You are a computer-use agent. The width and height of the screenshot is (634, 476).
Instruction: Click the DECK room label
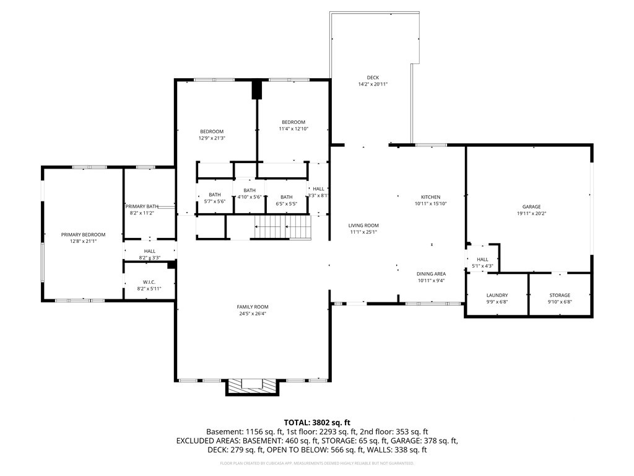click(373, 77)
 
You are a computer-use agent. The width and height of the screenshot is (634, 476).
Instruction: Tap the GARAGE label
click(531, 207)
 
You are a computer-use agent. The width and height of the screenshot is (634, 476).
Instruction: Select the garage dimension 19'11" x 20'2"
click(531, 213)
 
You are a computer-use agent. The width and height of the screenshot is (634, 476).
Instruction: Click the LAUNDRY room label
click(497, 296)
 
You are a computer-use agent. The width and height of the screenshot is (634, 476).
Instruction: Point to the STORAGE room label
click(560, 296)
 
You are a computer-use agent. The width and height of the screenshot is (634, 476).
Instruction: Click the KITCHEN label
click(431, 197)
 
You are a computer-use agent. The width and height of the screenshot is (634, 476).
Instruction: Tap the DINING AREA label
click(431, 274)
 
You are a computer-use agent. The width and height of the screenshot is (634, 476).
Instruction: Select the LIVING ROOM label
click(363, 226)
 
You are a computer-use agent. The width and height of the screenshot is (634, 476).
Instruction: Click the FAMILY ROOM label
click(253, 307)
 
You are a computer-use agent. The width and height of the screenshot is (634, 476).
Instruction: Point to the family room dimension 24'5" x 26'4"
click(253, 314)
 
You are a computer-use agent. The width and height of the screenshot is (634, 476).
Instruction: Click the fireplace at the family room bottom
click(252, 387)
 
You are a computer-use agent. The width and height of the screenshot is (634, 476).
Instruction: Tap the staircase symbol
click(282, 227)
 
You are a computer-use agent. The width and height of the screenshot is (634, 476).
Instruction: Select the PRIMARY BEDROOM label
click(84, 235)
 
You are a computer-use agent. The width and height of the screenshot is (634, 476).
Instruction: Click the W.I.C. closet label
click(149, 282)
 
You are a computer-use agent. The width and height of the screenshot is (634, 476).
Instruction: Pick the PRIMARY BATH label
click(142, 206)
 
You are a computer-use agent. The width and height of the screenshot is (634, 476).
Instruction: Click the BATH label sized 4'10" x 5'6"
click(250, 190)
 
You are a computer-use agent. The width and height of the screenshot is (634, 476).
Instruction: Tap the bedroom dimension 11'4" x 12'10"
click(293, 129)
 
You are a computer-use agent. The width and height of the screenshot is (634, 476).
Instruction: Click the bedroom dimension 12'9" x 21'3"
click(212, 138)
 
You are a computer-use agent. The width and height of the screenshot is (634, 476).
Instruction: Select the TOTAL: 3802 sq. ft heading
click(317, 423)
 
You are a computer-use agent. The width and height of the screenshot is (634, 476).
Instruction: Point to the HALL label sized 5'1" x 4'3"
click(482, 260)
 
